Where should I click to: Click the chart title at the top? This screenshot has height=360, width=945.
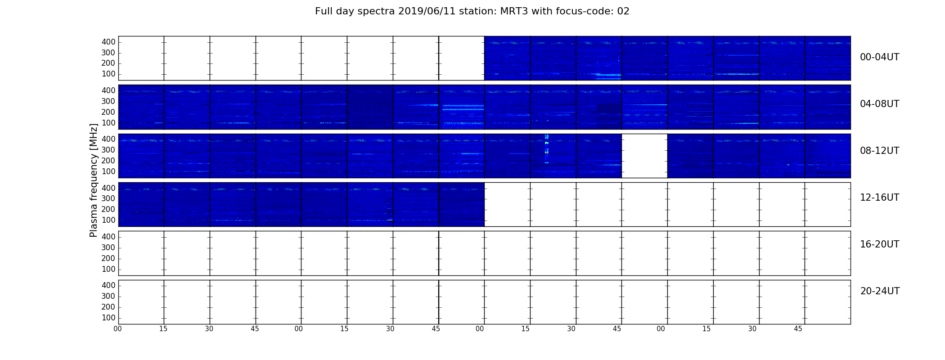point(472,11)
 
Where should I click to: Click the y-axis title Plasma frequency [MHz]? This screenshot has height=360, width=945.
point(94,180)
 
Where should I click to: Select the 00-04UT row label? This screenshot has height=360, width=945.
point(879,57)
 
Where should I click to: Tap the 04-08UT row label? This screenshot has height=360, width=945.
point(879,104)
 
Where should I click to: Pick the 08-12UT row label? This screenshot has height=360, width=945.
point(879,151)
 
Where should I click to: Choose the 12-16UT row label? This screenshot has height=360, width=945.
point(879,198)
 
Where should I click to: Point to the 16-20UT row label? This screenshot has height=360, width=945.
point(879,244)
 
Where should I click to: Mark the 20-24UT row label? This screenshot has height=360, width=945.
point(880,291)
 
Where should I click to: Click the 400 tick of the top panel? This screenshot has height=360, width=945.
point(108,42)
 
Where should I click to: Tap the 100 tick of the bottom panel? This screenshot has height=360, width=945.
point(108,318)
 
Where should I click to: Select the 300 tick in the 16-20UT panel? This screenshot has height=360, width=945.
point(108,247)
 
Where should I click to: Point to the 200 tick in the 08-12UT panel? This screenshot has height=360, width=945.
point(108,161)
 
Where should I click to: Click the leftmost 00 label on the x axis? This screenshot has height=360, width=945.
point(117,329)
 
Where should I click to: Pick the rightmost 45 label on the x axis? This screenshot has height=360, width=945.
point(798,329)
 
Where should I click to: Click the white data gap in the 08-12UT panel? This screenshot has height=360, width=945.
point(644,156)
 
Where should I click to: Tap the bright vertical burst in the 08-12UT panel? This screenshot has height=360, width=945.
point(546,149)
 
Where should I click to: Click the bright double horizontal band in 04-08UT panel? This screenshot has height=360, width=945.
point(463,108)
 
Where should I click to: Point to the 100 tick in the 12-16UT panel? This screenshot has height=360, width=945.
point(108,220)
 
